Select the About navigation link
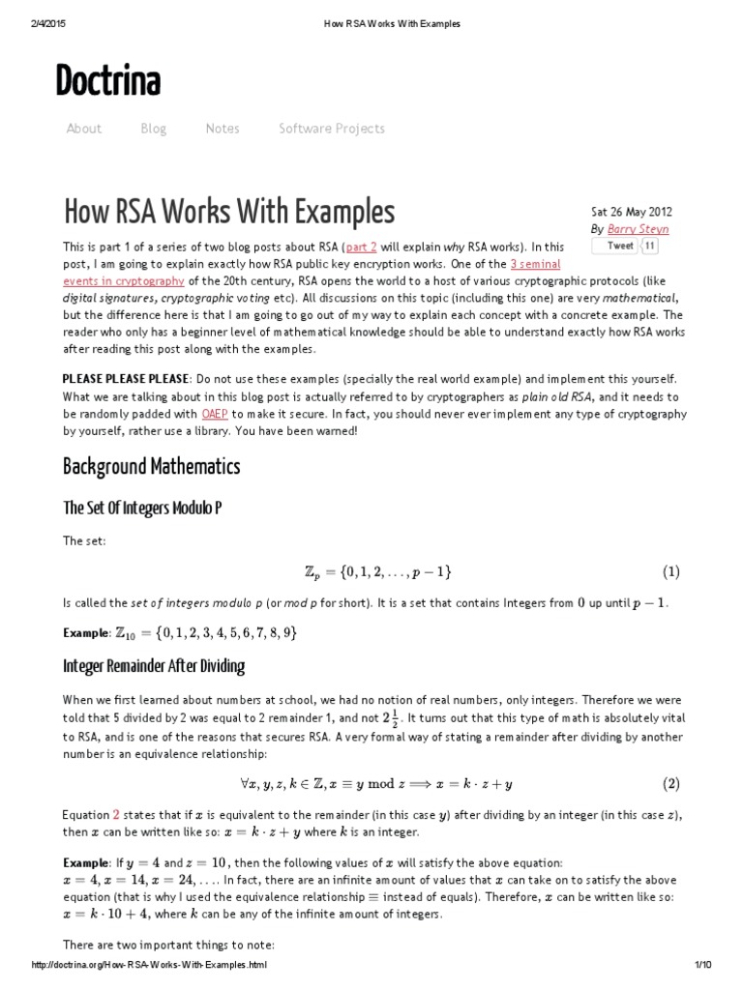(x=83, y=129)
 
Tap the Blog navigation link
(x=153, y=129)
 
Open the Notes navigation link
(x=223, y=129)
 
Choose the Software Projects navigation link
(x=331, y=129)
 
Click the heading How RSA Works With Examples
(x=229, y=212)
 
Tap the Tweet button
(x=620, y=246)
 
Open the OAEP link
(x=215, y=413)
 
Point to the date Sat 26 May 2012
(x=631, y=212)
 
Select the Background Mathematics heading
(x=151, y=468)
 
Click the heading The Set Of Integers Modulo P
(x=142, y=508)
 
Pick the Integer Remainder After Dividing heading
(x=154, y=666)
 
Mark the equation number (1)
(x=670, y=571)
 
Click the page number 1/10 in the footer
(x=701, y=966)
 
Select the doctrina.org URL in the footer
(x=149, y=966)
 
